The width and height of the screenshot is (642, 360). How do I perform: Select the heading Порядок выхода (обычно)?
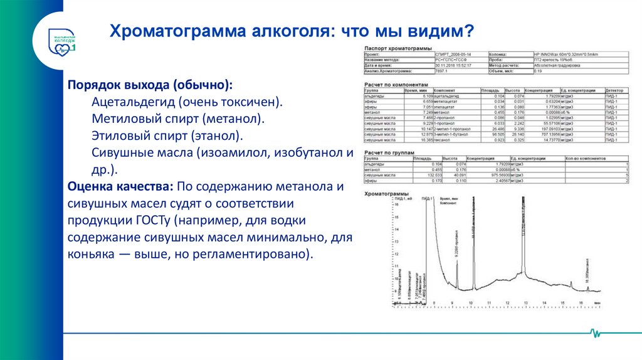150,85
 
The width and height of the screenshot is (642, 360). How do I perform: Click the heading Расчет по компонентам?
396,83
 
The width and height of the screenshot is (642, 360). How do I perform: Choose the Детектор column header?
612,90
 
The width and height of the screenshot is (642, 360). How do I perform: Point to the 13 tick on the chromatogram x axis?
525,302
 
